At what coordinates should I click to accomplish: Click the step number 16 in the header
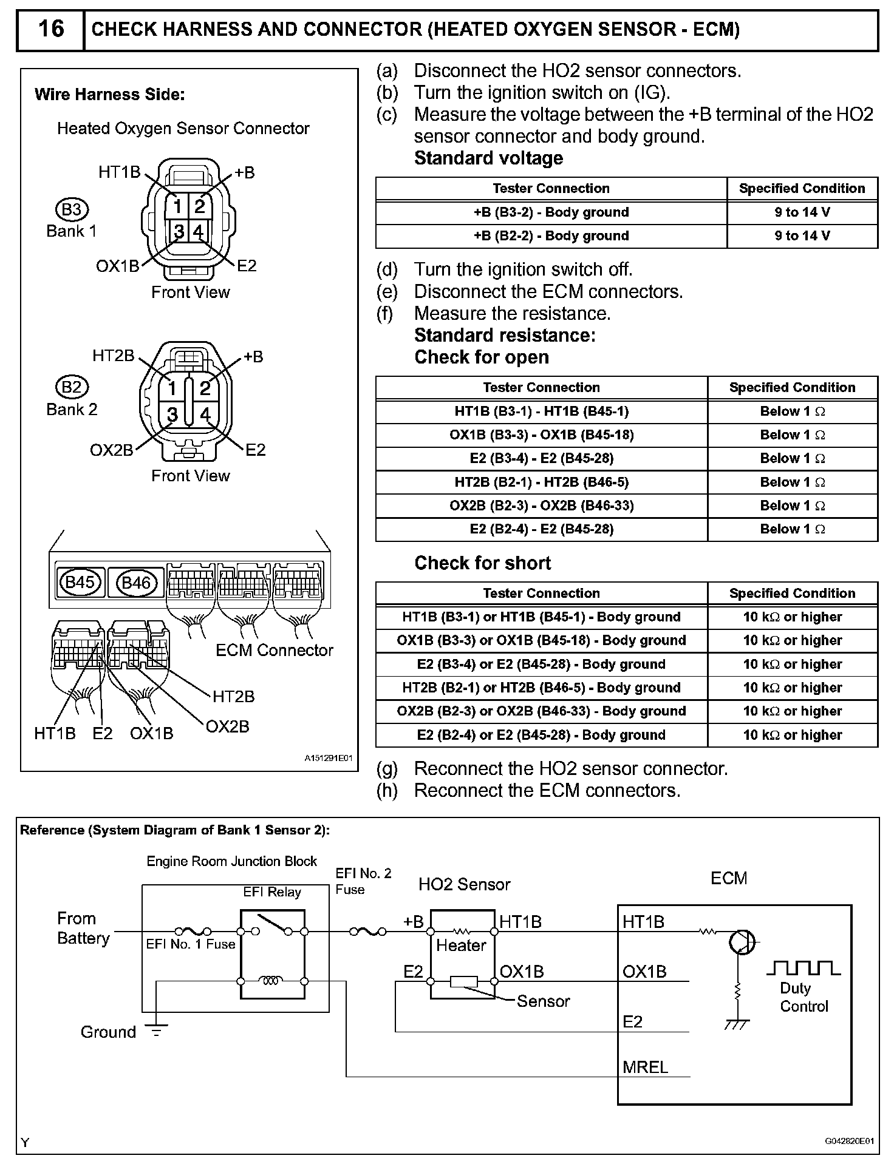(x=50, y=29)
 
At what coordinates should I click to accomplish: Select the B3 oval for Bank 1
(x=72, y=209)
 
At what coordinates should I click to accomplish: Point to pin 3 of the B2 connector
(x=172, y=414)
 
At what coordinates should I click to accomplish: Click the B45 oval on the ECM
(x=80, y=583)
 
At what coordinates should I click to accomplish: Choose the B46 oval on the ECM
(x=136, y=583)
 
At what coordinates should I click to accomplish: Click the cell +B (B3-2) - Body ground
(x=551, y=212)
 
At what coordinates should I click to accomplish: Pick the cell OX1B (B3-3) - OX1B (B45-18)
(x=541, y=435)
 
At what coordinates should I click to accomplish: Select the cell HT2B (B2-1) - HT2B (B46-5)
(x=541, y=482)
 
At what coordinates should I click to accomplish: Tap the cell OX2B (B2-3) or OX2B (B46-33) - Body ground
(x=541, y=711)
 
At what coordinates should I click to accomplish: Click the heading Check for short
(x=482, y=563)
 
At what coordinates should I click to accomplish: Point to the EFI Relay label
(x=272, y=892)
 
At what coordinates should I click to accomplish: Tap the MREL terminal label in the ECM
(x=645, y=1067)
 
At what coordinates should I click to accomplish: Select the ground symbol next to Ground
(x=156, y=1031)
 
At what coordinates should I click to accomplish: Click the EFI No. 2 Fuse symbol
(x=367, y=932)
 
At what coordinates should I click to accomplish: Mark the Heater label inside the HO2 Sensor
(x=461, y=946)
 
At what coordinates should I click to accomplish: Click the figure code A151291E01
(x=328, y=758)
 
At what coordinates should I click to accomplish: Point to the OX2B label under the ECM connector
(x=228, y=726)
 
